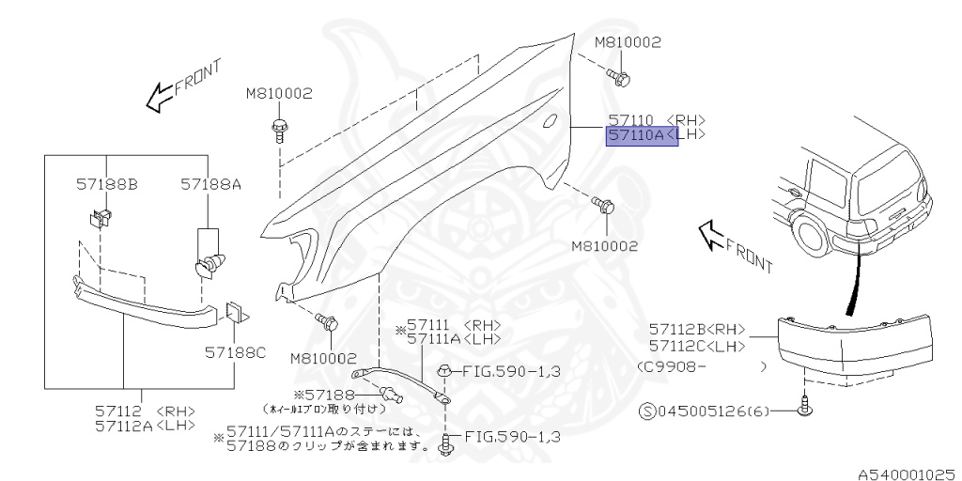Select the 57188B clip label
click(107, 186)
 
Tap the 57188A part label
click(211, 186)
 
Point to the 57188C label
click(237, 353)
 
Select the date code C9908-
click(673, 365)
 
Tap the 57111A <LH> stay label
click(454, 338)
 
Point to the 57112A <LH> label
click(145, 426)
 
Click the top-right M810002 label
click(628, 42)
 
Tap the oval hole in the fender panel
click(551, 120)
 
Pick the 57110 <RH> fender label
click(656, 120)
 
